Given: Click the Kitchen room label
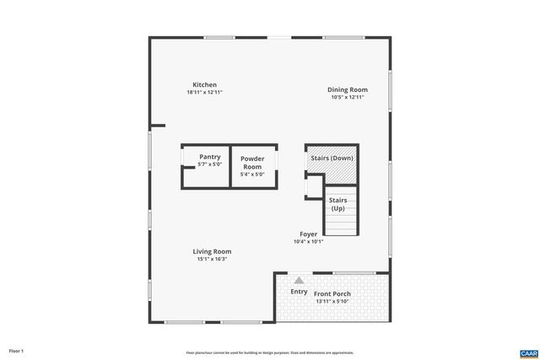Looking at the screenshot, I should (204, 84).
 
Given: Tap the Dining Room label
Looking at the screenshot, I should (347, 89).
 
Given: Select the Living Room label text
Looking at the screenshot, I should (212, 251).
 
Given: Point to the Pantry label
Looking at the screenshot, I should (210, 157).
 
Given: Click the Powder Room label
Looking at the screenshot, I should (252, 163).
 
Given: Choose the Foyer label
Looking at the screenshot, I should (308, 234).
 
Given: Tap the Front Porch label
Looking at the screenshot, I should (332, 294).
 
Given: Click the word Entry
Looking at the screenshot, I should (299, 292).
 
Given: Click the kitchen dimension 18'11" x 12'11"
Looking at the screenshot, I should (204, 92).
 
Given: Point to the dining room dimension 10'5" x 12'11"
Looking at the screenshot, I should (347, 97).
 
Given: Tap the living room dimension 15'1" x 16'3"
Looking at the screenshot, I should (212, 259).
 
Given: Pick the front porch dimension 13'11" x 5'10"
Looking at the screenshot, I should (332, 302).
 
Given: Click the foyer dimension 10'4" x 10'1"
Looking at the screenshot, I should (308, 241).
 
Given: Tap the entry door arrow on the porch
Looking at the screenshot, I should (299, 279).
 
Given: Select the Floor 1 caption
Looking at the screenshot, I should (17, 351).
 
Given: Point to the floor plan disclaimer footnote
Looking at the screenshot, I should (270, 352).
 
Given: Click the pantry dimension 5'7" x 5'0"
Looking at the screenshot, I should (208, 164).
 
